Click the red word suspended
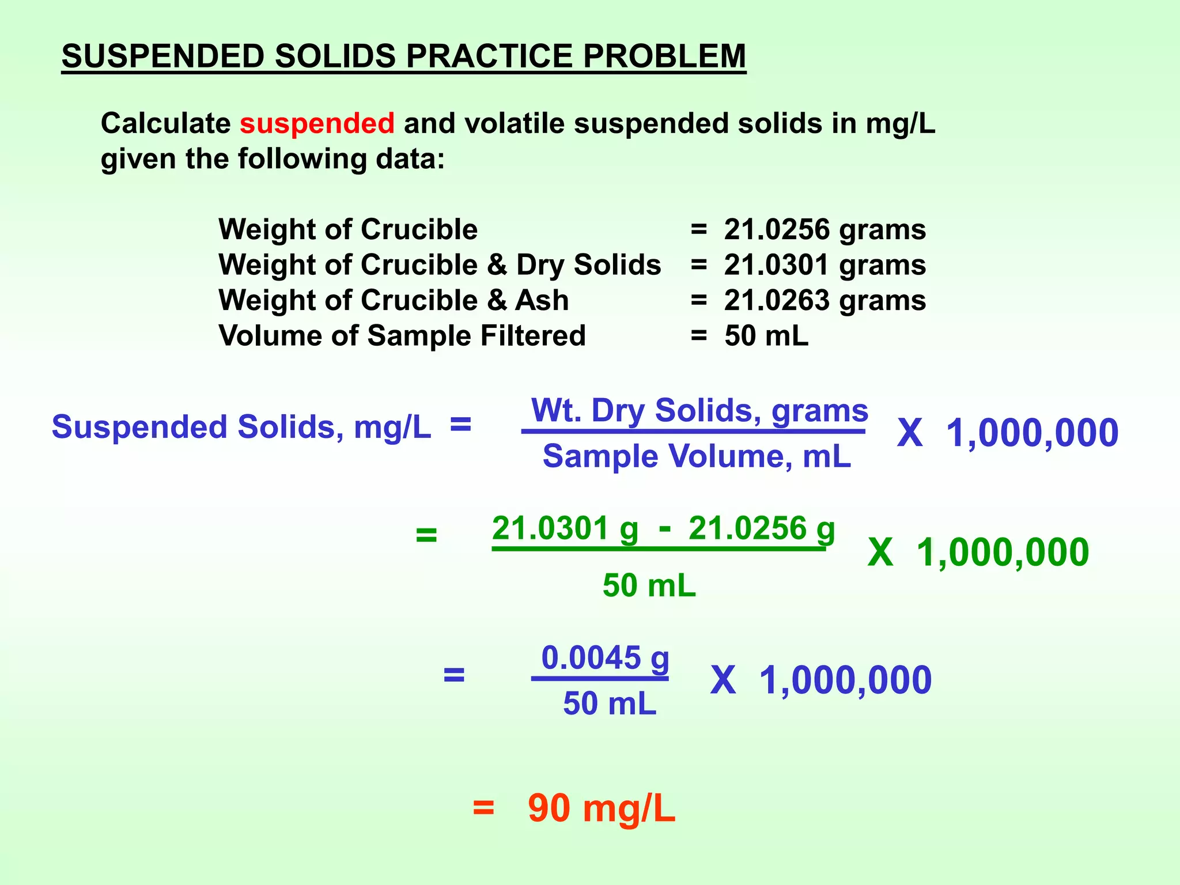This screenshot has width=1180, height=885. click(317, 123)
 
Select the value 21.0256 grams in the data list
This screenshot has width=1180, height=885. click(825, 229)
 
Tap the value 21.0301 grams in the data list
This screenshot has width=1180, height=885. click(825, 265)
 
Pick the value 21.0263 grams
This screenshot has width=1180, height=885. click(825, 301)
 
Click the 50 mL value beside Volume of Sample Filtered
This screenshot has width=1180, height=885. click(766, 336)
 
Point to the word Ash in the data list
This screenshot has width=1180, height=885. click(542, 301)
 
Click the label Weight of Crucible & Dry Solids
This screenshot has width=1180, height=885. click(440, 265)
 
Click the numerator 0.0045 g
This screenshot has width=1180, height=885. click(605, 658)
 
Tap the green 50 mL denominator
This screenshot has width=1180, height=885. click(649, 586)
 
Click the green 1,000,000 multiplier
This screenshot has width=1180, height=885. click(1003, 553)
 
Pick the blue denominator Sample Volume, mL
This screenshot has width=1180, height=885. click(697, 457)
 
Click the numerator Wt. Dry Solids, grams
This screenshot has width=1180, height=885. click(699, 411)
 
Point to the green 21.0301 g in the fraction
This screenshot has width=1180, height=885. click(565, 529)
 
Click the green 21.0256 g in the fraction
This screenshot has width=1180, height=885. click(761, 529)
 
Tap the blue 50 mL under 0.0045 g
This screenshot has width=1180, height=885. click(610, 704)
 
